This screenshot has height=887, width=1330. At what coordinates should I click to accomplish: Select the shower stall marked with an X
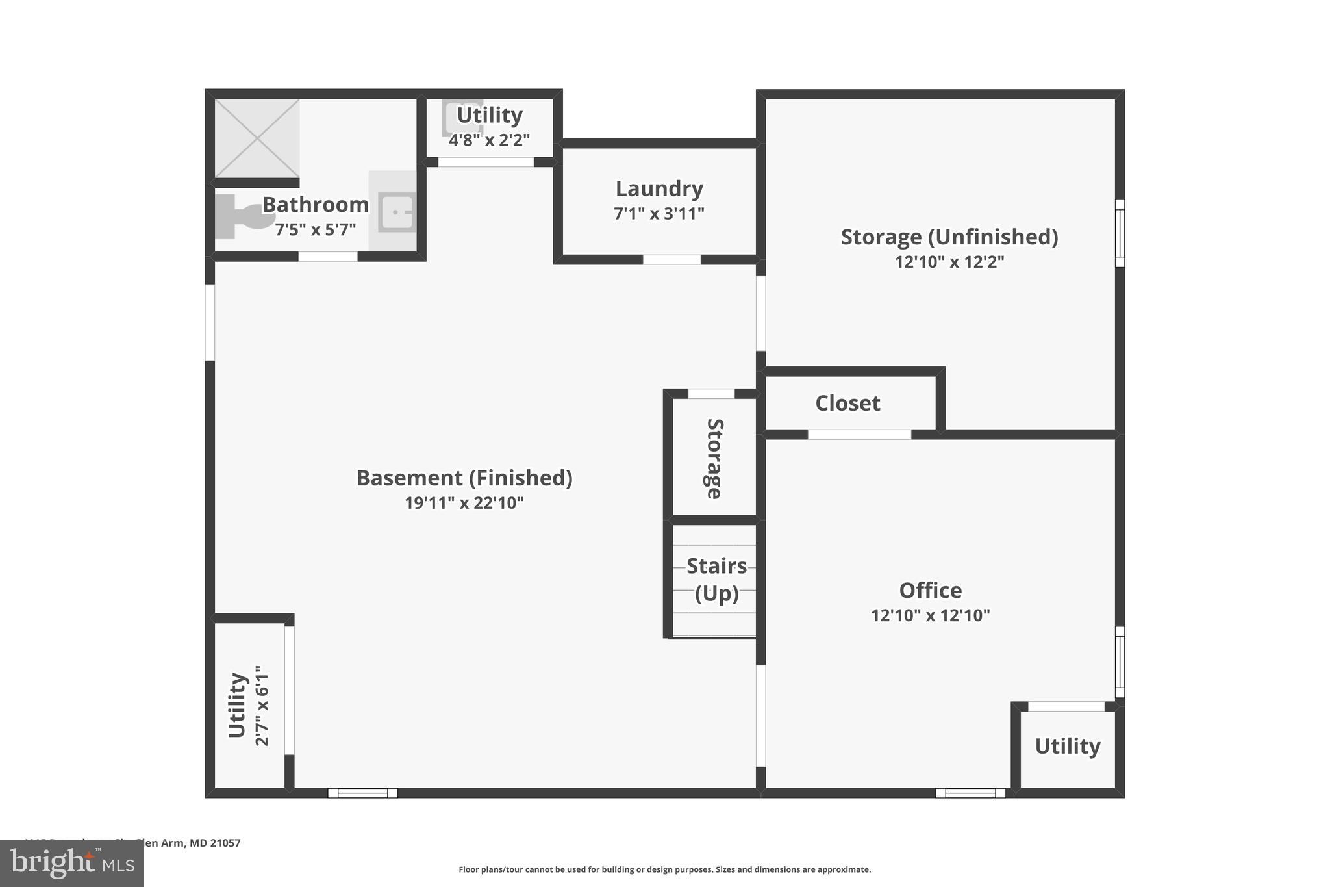(257, 138)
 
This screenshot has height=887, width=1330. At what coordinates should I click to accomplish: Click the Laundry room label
(659, 188)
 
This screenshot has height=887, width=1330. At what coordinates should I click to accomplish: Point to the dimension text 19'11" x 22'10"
(464, 503)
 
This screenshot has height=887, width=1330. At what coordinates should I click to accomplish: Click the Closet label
(847, 404)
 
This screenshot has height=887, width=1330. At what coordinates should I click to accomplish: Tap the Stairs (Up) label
(716, 580)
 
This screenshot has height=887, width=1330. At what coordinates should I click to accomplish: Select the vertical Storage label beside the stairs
(714, 459)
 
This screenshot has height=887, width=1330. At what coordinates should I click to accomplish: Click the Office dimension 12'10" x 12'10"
(930, 615)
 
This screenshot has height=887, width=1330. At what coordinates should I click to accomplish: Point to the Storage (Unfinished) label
(949, 237)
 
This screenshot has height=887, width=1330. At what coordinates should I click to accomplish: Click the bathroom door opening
(328, 257)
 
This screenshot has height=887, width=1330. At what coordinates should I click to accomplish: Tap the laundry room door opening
(671, 260)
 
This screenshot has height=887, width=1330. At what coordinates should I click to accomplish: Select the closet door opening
(859, 435)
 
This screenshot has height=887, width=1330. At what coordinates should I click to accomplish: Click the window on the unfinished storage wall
(1120, 233)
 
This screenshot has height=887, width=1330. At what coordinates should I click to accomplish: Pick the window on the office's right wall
(1120, 662)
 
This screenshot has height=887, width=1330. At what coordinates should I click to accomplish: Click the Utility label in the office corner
(1067, 746)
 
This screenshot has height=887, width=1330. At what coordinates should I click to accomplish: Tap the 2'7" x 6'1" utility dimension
(262, 705)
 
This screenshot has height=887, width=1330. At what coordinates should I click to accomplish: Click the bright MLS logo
(72, 864)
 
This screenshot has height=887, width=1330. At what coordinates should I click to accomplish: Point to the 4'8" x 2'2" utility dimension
(489, 140)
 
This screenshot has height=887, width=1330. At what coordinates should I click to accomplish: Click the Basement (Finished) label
(464, 478)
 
